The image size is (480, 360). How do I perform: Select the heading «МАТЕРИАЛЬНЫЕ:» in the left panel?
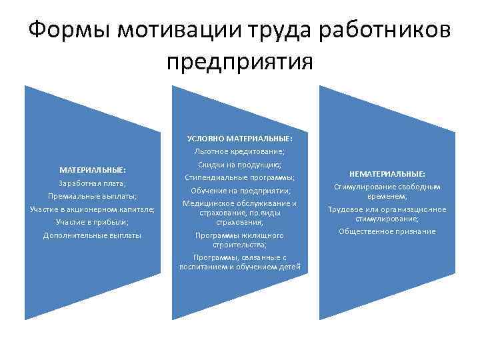point(93,170)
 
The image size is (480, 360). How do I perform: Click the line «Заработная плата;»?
point(93,183)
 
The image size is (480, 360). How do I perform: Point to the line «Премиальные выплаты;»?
point(93,196)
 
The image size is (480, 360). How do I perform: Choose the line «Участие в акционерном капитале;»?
point(93,209)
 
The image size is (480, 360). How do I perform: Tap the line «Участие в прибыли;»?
point(93,221)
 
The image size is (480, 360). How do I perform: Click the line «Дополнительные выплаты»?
point(93,235)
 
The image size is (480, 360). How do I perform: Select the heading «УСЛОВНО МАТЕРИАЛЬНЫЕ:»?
point(240,139)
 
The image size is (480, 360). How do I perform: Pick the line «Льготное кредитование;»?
point(240,151)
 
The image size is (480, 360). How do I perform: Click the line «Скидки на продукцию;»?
point(240,165)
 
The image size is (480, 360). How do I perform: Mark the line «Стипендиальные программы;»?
point(240,177)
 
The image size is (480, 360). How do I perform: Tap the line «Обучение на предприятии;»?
point(240,191)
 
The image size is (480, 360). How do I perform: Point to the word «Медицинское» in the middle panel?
point(207,203)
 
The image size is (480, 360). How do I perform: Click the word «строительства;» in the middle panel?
point(240,245)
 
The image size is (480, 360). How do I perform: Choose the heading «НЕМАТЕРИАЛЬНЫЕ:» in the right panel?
point(387,174)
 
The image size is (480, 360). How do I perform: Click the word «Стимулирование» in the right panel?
point(364,187)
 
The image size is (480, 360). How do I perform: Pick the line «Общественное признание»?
point(387,231)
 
